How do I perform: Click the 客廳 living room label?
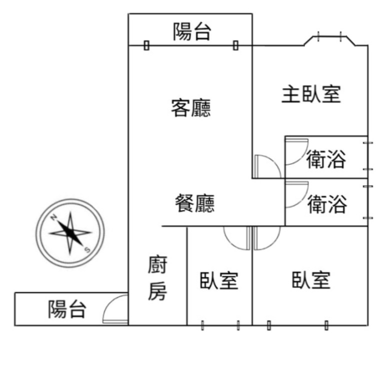click(x=191, y=108)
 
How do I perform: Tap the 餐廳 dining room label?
click(x=195, y=203)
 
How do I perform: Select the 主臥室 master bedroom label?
click(x=311, y=94)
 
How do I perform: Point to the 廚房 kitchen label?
click(x=157, y=278)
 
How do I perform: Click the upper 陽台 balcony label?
click(x=191, y=32)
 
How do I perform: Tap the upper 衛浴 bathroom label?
click(x=326, y=159)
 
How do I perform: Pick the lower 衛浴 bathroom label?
click(x=327, y=204)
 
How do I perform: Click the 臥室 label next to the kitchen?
click(x=219, y=280)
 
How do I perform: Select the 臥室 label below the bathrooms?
click(x=311, y=280)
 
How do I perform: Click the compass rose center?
click(x=70, y=233)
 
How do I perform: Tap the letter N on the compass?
click(x=53, y=217)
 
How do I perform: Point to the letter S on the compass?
click(x=87, y=250)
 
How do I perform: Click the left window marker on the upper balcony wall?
click(x=146, y=46)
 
